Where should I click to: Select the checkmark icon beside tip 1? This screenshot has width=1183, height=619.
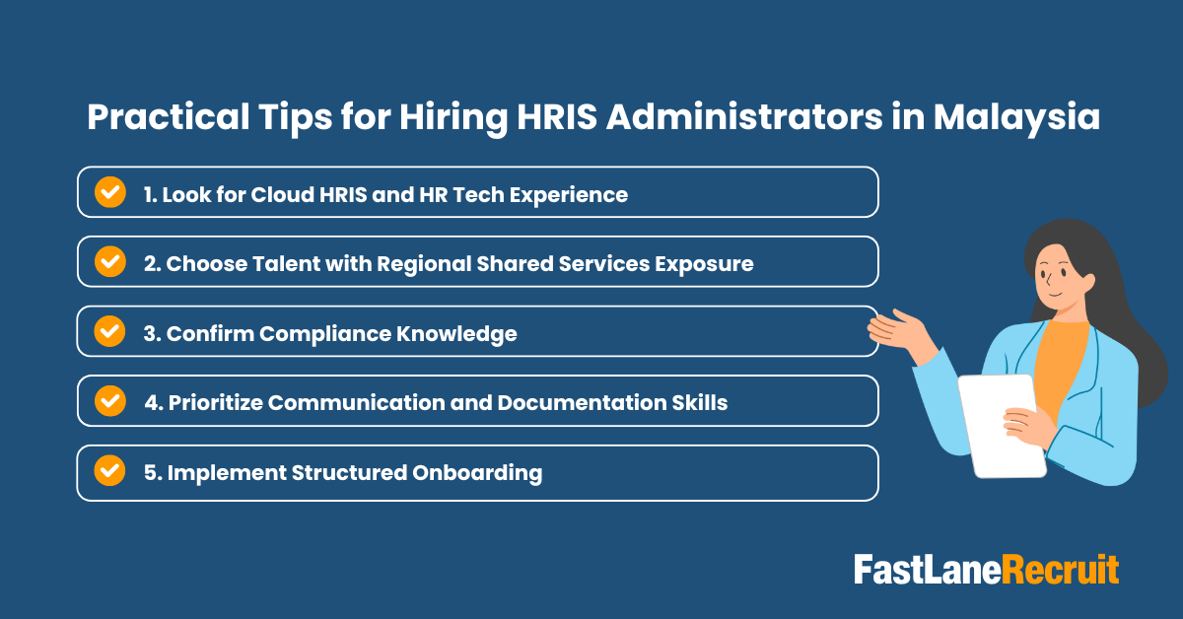109,192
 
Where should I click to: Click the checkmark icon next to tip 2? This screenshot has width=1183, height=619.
109,262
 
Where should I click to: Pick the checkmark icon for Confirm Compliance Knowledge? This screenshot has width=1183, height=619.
109,332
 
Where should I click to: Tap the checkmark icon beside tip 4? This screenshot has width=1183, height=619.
109,401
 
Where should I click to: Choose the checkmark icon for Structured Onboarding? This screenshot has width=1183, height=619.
109,471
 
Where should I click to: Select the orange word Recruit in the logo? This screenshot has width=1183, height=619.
1061,571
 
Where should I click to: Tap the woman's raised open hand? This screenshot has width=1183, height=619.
897,326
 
